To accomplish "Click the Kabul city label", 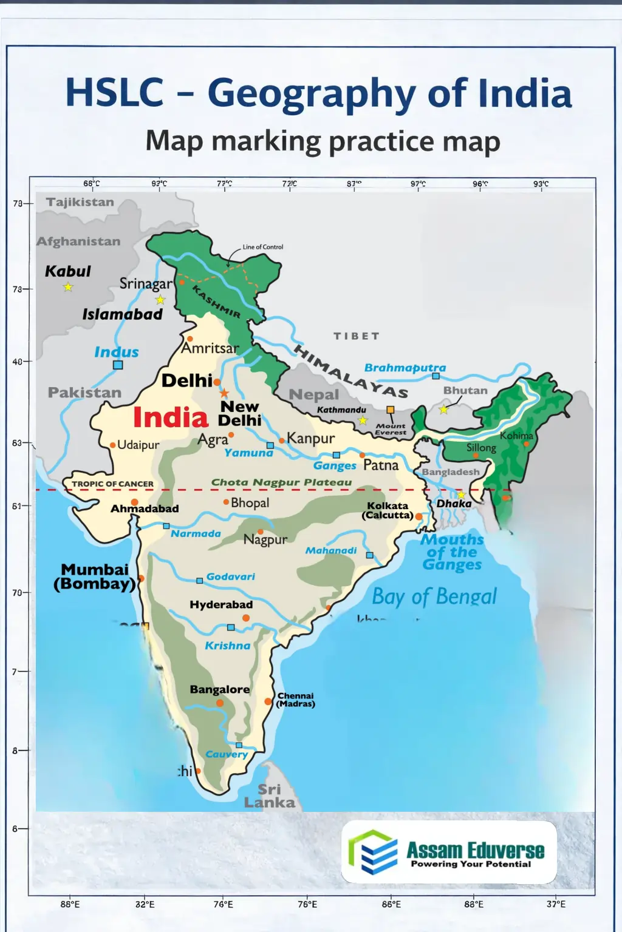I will tap(67, 271).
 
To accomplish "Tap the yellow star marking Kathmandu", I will tap(363, 420).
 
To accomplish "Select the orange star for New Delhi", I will tap(224, 393).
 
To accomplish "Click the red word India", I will tap(170, 417).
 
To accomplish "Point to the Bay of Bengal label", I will tap(434, 596).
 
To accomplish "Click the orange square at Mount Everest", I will tap(391, 410).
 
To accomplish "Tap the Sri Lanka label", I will tap(269, 796).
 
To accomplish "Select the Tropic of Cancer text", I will tap(112, 484).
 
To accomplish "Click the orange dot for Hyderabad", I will tap(246, 618).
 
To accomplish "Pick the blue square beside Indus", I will tap(118, 365).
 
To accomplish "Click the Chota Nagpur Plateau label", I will tap(281, 482).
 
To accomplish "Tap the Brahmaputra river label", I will tap(405, 368).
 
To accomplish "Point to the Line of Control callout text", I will tap(262, 247).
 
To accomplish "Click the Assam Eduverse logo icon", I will tap(372, 852).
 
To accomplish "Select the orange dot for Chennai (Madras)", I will tap(268, 701).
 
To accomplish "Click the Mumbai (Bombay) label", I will tap(95, 577).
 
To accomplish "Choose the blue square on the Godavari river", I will tap(199, 581).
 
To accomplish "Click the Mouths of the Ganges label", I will tap(453, 552).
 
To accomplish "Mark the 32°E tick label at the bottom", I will tap(145, 904).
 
